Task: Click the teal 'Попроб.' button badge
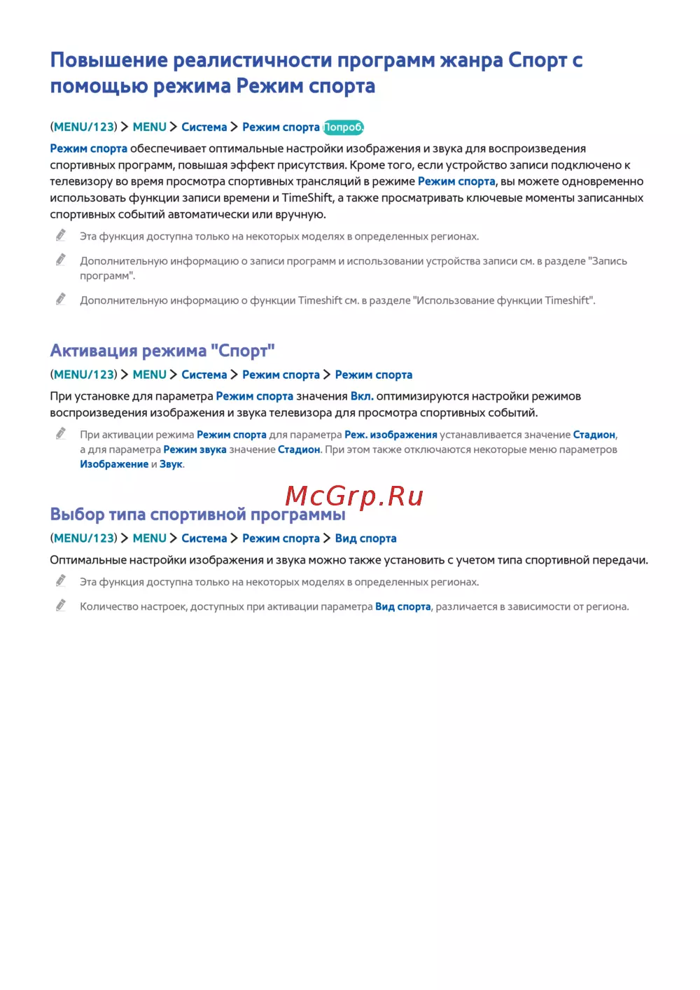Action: coord(343,127)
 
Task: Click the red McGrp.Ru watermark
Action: coord(354,496)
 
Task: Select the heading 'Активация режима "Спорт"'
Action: coord(162,350)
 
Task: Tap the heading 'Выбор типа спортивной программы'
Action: coord(197,515)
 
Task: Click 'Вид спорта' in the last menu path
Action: coord(365,538)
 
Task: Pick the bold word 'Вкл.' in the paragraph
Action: coord(362,396)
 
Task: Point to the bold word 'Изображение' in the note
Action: coord(114,464)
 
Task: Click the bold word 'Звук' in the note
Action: coord(171,464)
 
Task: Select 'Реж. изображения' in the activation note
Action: coord(391,435)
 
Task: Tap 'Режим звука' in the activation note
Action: coord(195,449)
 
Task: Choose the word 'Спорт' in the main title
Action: coord(538,60)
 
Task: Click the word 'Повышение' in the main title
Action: coord(108,60)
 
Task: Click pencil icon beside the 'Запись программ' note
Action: coord(61,260)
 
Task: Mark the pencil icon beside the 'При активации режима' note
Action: coord(61,433)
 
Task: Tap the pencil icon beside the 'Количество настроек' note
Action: coord(61,605)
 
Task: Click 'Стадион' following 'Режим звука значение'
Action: coord(299,449)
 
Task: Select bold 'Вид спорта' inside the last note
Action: coord(402,607)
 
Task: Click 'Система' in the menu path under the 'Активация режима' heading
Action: coord(204,375)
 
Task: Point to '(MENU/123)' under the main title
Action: coord(83,127)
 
